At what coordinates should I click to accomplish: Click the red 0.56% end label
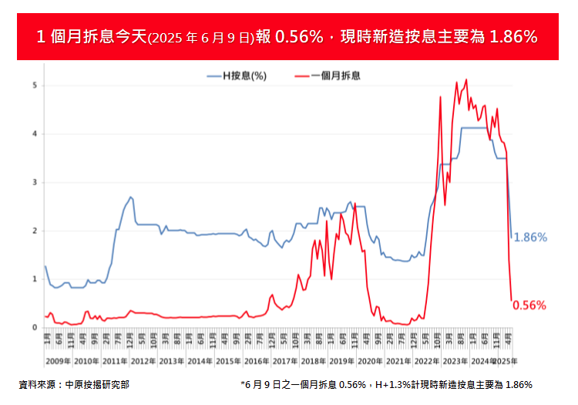pyautogui.click(x=529, y=305)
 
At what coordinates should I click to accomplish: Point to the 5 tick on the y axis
pyautogui.click(x=34, y=85)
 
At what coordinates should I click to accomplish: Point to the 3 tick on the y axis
pyautogui.click(x=34, y=182)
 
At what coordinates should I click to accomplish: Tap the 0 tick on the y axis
pyautogui.click(x=34, y=328)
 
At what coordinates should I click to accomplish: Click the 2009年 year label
pyautogui.click(x=58, y=361)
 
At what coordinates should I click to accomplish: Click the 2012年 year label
pyautogui.click(x=143, y=361)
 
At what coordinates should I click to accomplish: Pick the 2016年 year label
pyautogui.click(x=257, y=361)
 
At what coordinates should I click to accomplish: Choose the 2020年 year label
pyautogui.click(x=371, y=361)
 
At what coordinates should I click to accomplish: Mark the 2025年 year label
pyautogui.click(x=506, y=361)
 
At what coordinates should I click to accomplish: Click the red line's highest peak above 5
pyautogui.click(x=466, y=79)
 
